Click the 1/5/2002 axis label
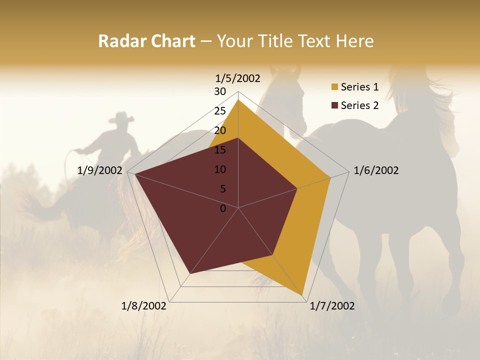238,78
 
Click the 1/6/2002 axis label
376,170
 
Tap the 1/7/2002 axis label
332,306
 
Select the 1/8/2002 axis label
144,306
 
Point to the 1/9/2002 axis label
100,170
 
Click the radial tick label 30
220,91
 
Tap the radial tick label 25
220,111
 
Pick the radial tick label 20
220,130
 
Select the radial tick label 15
220,150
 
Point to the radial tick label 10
220,169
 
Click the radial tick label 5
223,189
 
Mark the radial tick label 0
223,208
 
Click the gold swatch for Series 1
334,87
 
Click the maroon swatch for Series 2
334,105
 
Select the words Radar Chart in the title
146,41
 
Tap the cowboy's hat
121,118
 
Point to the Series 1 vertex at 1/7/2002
303,295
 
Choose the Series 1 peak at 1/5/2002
238,100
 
